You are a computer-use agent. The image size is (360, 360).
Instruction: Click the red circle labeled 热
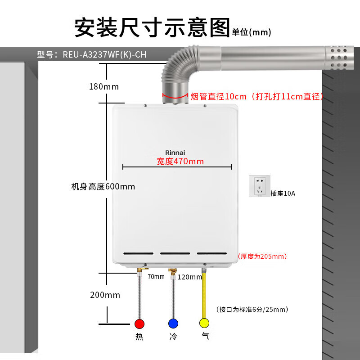click(x=139, y=324)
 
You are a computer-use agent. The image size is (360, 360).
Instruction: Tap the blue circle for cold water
click(x=173, y=324)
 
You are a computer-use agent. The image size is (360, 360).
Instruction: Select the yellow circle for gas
click(x=205, y=324)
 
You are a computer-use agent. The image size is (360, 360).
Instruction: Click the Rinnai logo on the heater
click(x=175, y=153)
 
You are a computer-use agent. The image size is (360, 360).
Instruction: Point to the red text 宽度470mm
click(x=180, y=162)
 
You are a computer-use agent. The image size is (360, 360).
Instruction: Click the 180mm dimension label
click(x=103, y=86)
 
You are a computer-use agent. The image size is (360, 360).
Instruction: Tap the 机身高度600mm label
click(x=103, y=186)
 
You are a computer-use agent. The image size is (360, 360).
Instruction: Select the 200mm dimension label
click(x=105, y=295)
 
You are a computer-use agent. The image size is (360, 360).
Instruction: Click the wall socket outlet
click(x=260, y=186)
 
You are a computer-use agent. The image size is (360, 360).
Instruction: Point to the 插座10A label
click(x=283, y=193)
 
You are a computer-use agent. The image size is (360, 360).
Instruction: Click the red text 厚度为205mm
click(x=263, y=256)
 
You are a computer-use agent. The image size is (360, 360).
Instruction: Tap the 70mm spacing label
click(x=156, y=277)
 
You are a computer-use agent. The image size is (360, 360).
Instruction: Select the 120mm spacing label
click(x=190, y=277)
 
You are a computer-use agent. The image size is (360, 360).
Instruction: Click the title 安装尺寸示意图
click(x=152, y=28)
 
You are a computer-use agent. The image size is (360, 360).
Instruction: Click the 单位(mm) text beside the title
click(x=252, y=32)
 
